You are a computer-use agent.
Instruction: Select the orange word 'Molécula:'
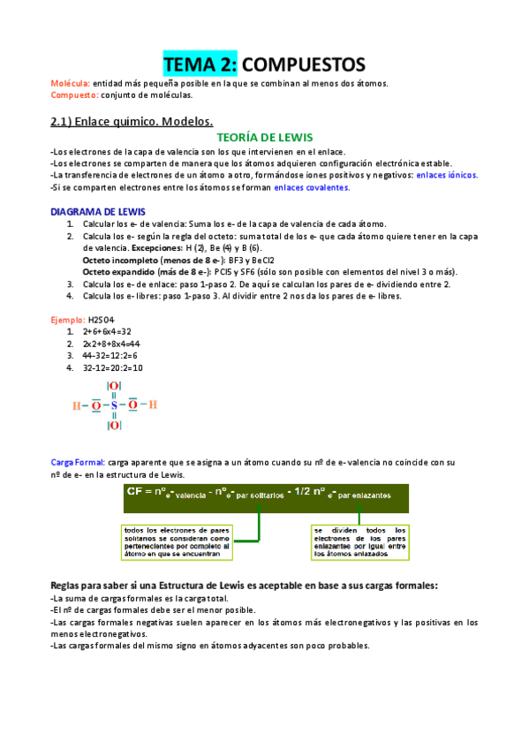(x=70, y=84)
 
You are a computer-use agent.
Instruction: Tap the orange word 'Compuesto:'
(x=74, y=95)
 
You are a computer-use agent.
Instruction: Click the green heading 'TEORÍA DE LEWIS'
(x=264, y=138)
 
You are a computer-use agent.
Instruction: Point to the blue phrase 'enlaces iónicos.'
(x=447, y=176)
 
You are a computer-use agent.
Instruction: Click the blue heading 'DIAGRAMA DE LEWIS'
(x=98, y=212)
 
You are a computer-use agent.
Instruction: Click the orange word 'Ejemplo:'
(x=67, y=319)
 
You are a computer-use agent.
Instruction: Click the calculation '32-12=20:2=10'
(x=112, y=367)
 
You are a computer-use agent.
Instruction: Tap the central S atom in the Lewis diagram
(x=114, y=405)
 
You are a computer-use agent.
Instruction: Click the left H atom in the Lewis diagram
(x=77, y=405)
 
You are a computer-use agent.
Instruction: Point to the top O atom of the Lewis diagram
(x=114, y=386)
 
